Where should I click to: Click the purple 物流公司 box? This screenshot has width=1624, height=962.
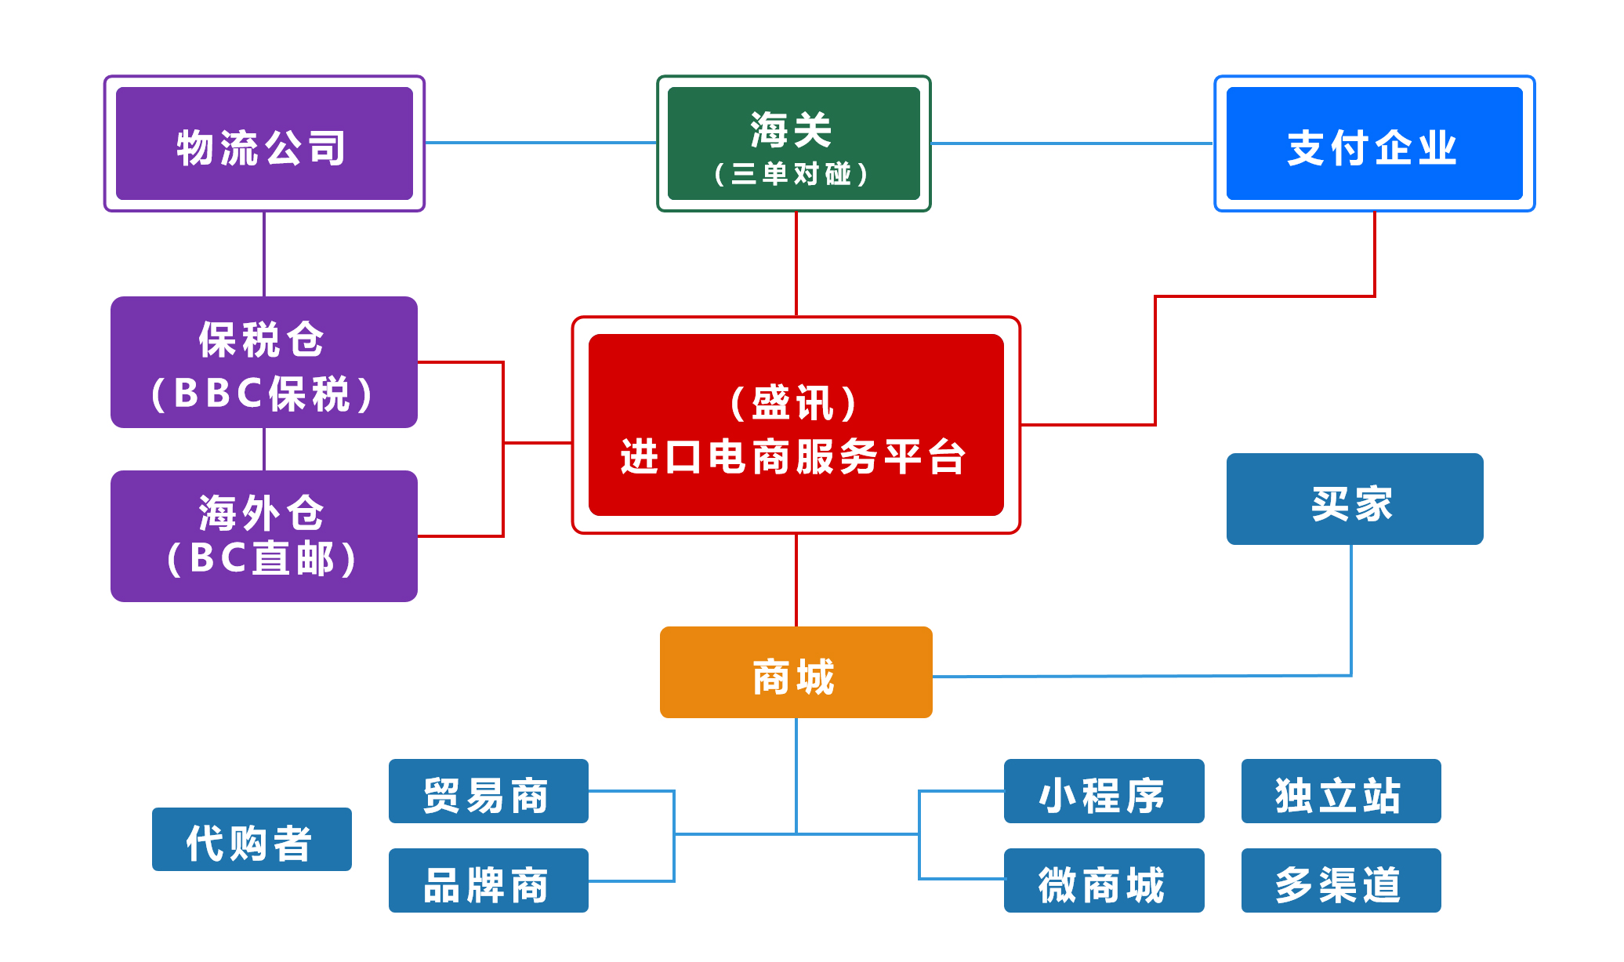(x=264, y=143)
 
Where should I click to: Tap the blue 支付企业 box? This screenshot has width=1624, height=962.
(x=1374, y=143)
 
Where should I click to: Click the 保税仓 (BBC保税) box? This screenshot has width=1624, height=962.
(x=264, y=362)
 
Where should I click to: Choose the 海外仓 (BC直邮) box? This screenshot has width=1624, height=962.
(x=264, y=536)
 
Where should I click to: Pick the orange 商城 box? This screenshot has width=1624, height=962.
(x=796, y=673)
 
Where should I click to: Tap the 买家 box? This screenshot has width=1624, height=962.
(x=1354, y=499)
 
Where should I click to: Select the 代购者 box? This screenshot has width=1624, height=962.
(x=252, y=840)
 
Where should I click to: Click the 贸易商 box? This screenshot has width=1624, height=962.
(x=488, y=792)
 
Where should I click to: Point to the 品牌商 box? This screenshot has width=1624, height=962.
(x=488, y=880)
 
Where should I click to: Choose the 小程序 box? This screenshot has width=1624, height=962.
(x=1104, y=792)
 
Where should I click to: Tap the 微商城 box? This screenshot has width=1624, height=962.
(x=1104, y=880)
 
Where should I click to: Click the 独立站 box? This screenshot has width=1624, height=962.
(x=1340, y=792)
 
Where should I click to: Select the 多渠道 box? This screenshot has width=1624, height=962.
(x=1340, y=880)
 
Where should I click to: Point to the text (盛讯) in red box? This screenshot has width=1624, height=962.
(x=794, y=403)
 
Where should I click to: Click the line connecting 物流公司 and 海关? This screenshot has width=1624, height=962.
(x=541, y=143)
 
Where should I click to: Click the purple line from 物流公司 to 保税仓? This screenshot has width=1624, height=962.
(x=264, y=254)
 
